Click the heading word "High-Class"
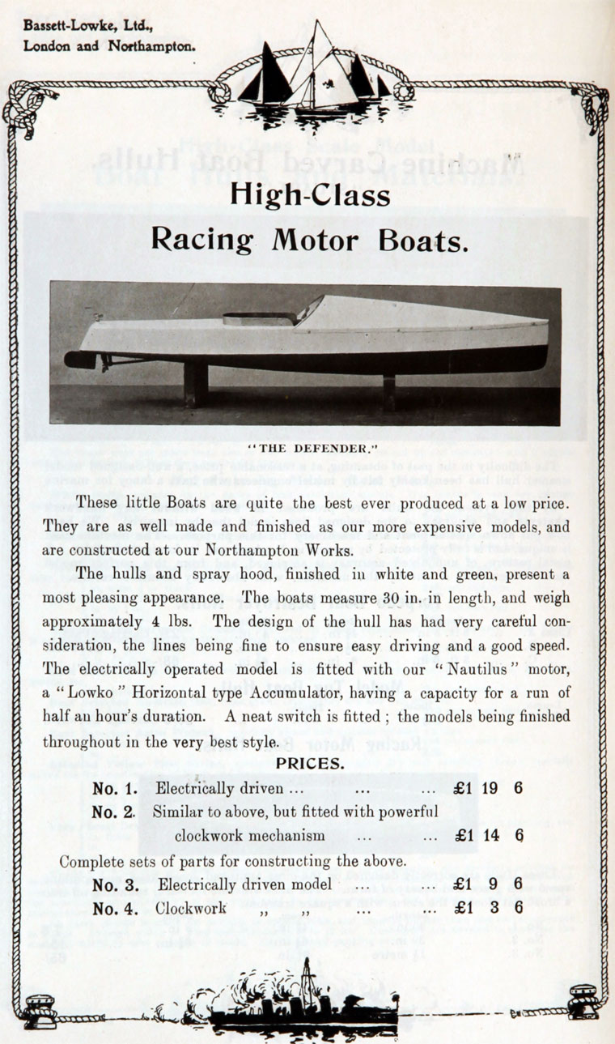pyautogui.click(x=310, y=195)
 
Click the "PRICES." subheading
pyautogui.click(x=310, y=763)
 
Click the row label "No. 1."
pyautogui.click(x=114, y=787)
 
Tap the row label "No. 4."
pyautogui.click(x=115, y=908)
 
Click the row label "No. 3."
pyautogui.click(x=115, y=884)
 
